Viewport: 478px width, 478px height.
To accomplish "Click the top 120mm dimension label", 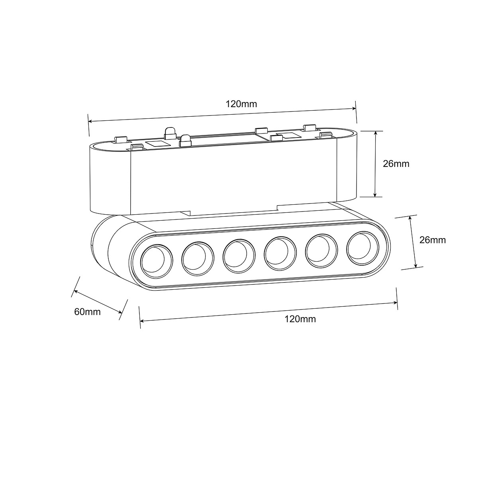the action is pyautogui.click(x=241, y=104).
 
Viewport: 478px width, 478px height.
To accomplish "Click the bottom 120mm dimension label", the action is pyautogui.click(x=300, y=319).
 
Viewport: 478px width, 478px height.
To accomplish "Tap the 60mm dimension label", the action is pyautogui.click(x=87, y=312).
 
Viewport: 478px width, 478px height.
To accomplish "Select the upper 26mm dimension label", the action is pyautogui.click(x=396, y=164).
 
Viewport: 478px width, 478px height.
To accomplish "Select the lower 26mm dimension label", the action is pyautogui.click(x=433, y=240).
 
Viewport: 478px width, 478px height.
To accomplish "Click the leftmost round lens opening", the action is pyautogui.click(x=157, y=261).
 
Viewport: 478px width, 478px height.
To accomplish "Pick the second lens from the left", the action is pyautogui.click(x=198, y=259).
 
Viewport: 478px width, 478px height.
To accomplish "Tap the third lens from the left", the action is pyautogui.click(x=239, y=256).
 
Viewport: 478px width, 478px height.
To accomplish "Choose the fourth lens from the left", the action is pyautogui.click(x=280, y=253).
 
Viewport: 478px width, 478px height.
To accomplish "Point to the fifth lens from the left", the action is pyautogui.click(x=321, y=251).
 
